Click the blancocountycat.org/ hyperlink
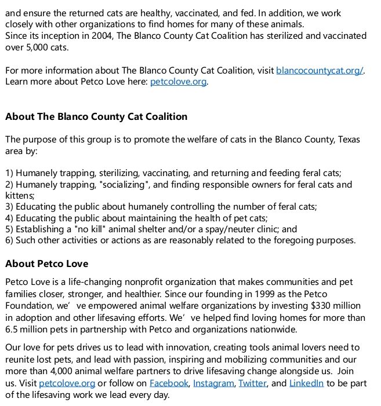[320, 71]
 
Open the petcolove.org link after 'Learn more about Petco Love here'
[178, 82]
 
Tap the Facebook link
[169, 383]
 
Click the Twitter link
[252, 383]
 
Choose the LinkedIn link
[306, 383]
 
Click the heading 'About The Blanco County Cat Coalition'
[96, 116]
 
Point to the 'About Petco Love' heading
[47, 264]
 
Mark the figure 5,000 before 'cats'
[37, 47]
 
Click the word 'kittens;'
[20, 196]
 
